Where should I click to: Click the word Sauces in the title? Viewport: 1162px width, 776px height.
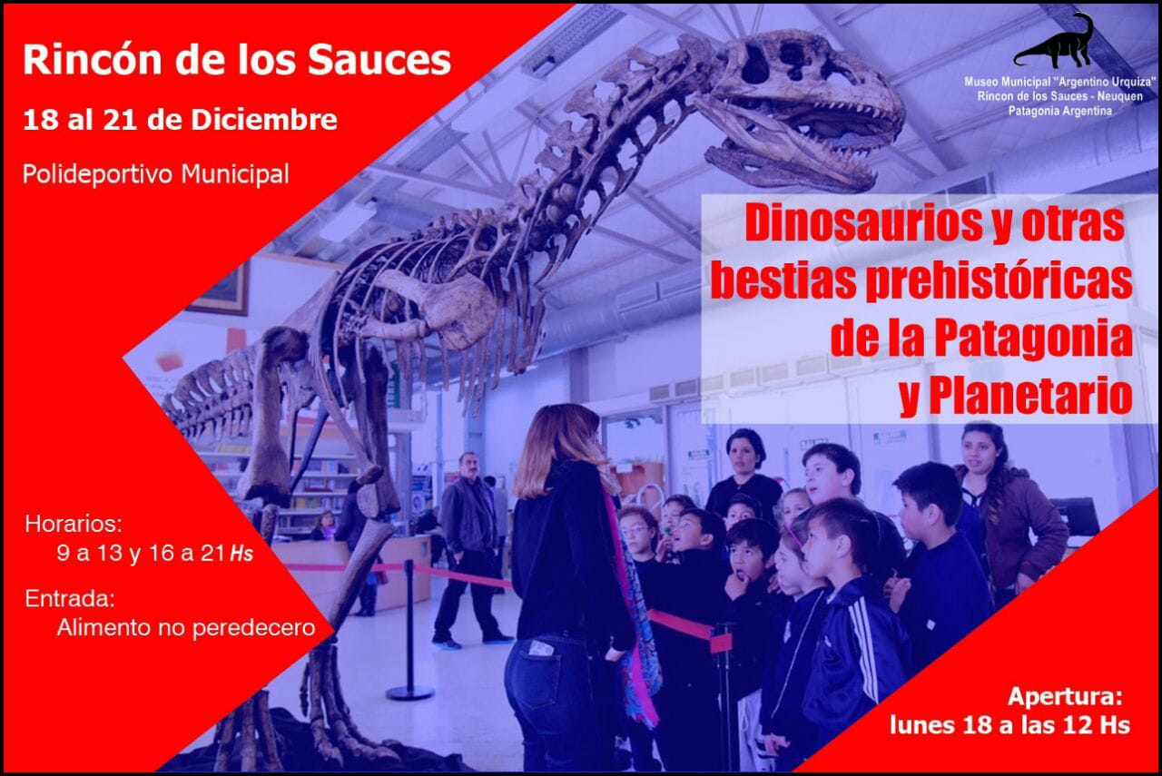pyautogui.click(x=379, y=60)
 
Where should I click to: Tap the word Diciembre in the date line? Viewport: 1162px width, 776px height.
pyautogui.click(x=264, y=120)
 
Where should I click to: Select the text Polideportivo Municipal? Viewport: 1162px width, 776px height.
pyautogui.click(x=155, y=174)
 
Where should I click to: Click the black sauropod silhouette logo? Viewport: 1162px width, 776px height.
pyautogui.click(x=1054, y=42)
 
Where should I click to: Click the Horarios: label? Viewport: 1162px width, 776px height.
pyautogui.click(x=74, y=524)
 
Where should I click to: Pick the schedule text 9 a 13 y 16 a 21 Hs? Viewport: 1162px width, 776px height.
pyautogui.click(x=154, y=554)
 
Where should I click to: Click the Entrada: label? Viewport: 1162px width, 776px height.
pyautogui.click(x=70, y=599)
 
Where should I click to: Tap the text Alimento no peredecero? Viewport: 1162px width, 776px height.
pyautogui.click(x=186, y=628)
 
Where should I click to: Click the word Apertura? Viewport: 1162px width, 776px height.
pyautogui.click(x=1065, y=697)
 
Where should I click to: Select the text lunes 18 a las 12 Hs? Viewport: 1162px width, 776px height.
pyautogui.click(x=1010, y=724)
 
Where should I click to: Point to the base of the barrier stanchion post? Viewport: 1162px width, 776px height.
pyautogui.click(x=409, y=692)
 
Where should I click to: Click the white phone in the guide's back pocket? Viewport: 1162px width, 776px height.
pyautogui.click(x=540, y=648)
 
